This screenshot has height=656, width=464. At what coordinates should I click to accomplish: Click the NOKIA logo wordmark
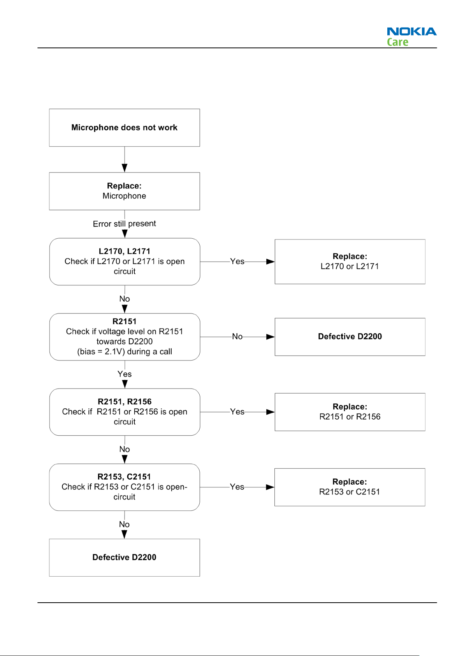point(411,31)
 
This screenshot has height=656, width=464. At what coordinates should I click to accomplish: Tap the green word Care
point(397,42)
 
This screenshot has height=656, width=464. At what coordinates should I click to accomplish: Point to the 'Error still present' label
point(125,224)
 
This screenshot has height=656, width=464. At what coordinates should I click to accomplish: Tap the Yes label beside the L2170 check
point(237,261)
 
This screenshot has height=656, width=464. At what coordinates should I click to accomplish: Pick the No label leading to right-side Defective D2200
point(237,336)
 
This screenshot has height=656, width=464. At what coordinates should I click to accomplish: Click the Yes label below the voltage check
point(125,374)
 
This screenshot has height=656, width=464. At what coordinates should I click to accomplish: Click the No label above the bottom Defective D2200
point(125,524)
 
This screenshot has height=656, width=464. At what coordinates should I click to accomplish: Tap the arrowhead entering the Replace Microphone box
point(125,168)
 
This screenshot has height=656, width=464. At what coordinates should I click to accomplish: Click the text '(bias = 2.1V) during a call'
point(125,352)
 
